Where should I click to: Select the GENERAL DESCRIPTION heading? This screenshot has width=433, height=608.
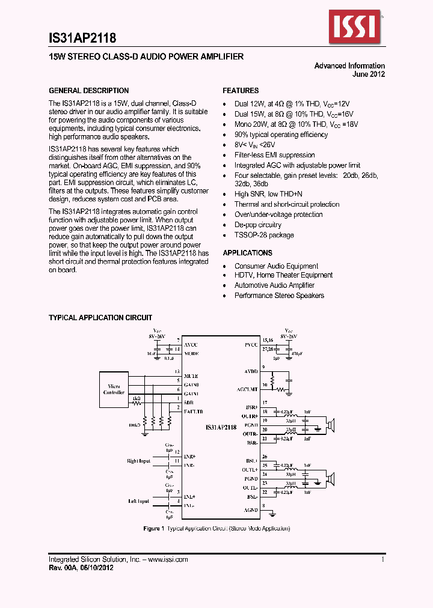[88, 91]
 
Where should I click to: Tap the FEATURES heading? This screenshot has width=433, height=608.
[241, 91]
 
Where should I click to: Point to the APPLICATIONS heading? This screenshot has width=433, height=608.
[247, 253]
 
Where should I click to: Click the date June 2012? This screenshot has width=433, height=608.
[368, 74]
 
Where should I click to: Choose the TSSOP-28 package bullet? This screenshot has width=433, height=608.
[264, 235]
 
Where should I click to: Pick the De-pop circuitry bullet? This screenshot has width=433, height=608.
[257, 225]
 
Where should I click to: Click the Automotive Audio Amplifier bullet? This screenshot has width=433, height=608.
[274, 285]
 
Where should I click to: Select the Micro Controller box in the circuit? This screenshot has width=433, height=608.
[114, 389]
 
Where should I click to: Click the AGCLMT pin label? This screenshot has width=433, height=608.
[247, 389]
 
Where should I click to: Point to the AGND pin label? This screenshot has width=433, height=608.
[251, 510]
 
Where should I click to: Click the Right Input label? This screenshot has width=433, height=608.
[138, 461]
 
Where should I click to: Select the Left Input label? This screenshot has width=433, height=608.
[139, 501]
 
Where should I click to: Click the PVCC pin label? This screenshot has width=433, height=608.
[251, 345]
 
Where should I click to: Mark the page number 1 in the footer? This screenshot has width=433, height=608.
[382, 559]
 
